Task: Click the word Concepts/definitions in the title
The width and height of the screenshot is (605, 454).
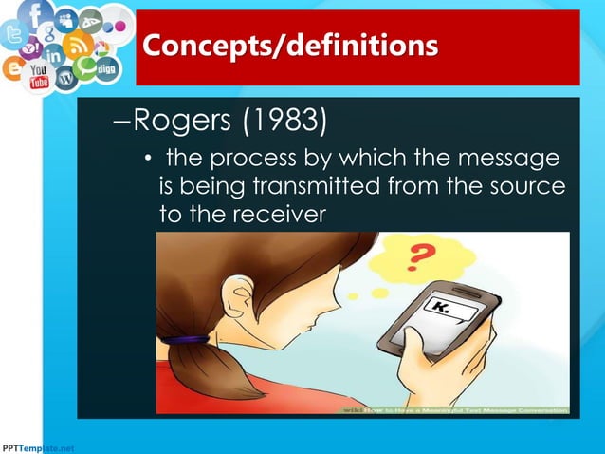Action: click(290, 46)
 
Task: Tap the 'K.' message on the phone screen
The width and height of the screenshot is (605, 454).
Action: click(443, 307)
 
